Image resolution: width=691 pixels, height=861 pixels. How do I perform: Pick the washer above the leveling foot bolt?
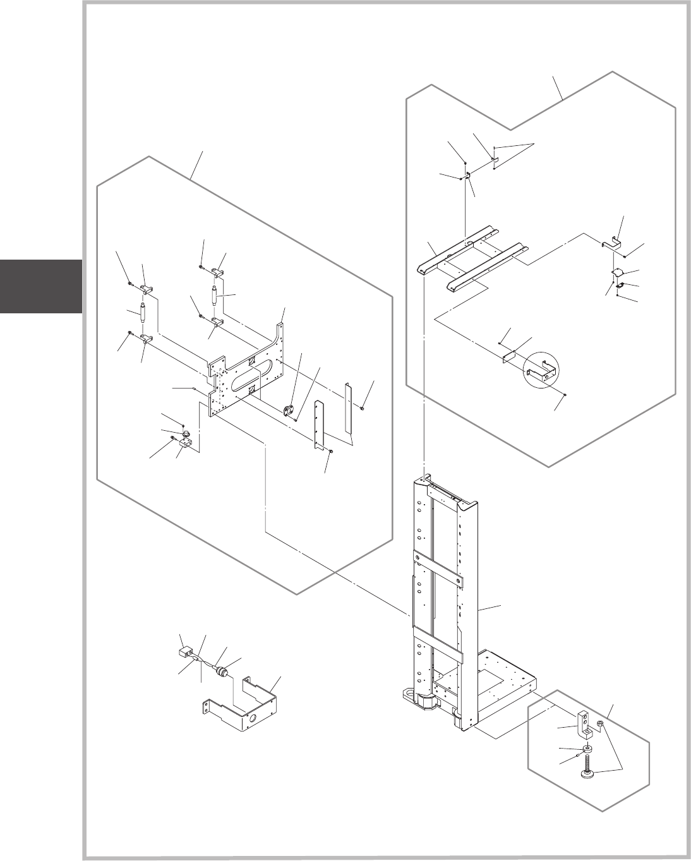(x=588, y=749)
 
